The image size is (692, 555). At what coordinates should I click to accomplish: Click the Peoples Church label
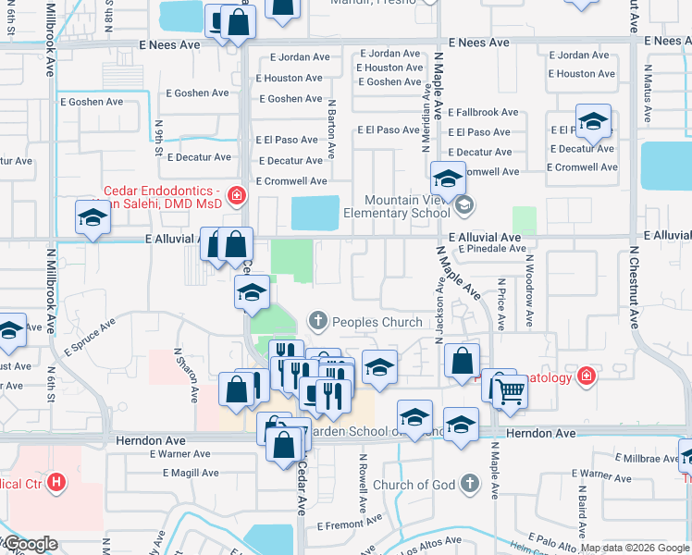coord(377,322)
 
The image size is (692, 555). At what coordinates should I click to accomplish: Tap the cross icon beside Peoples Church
coord(318,322)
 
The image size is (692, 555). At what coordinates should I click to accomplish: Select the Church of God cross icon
coord(470,484)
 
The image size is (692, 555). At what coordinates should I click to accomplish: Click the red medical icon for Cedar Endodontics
coord(237,195)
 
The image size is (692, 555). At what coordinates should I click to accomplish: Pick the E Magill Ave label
coord(195,473)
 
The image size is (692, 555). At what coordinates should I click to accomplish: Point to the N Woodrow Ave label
coord(529,298)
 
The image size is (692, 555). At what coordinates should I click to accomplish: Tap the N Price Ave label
coord(500,305)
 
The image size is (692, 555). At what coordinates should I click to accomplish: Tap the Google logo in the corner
coord(30,545)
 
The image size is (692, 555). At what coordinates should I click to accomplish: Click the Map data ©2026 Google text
coord(635,548)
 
